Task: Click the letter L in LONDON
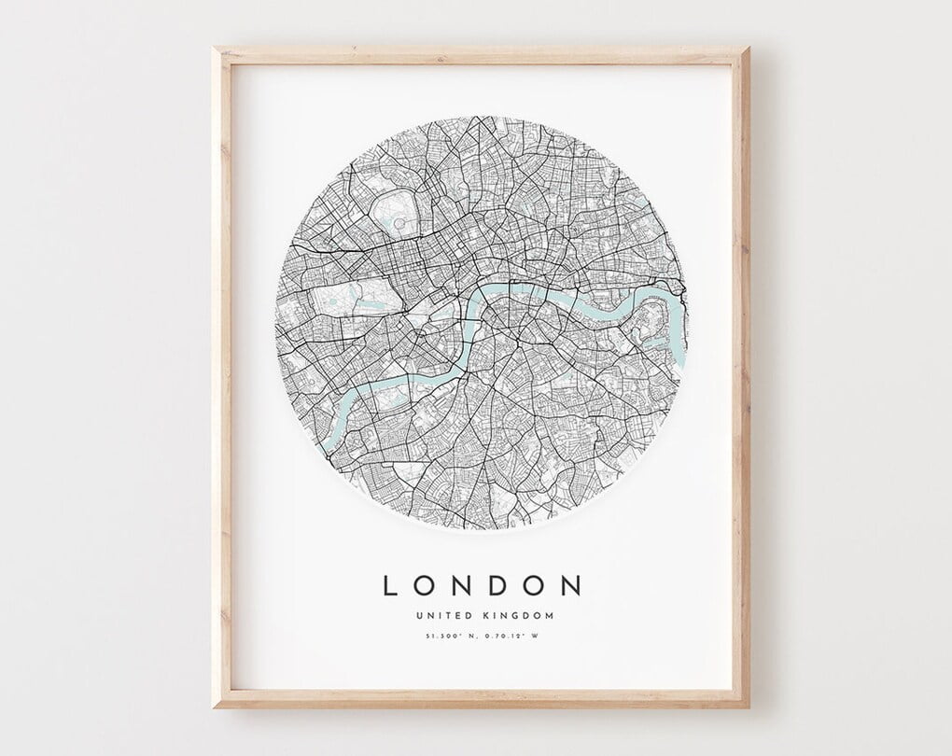(391, 585)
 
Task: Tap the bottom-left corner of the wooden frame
(215, 706)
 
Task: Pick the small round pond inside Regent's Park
(399, 224)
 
